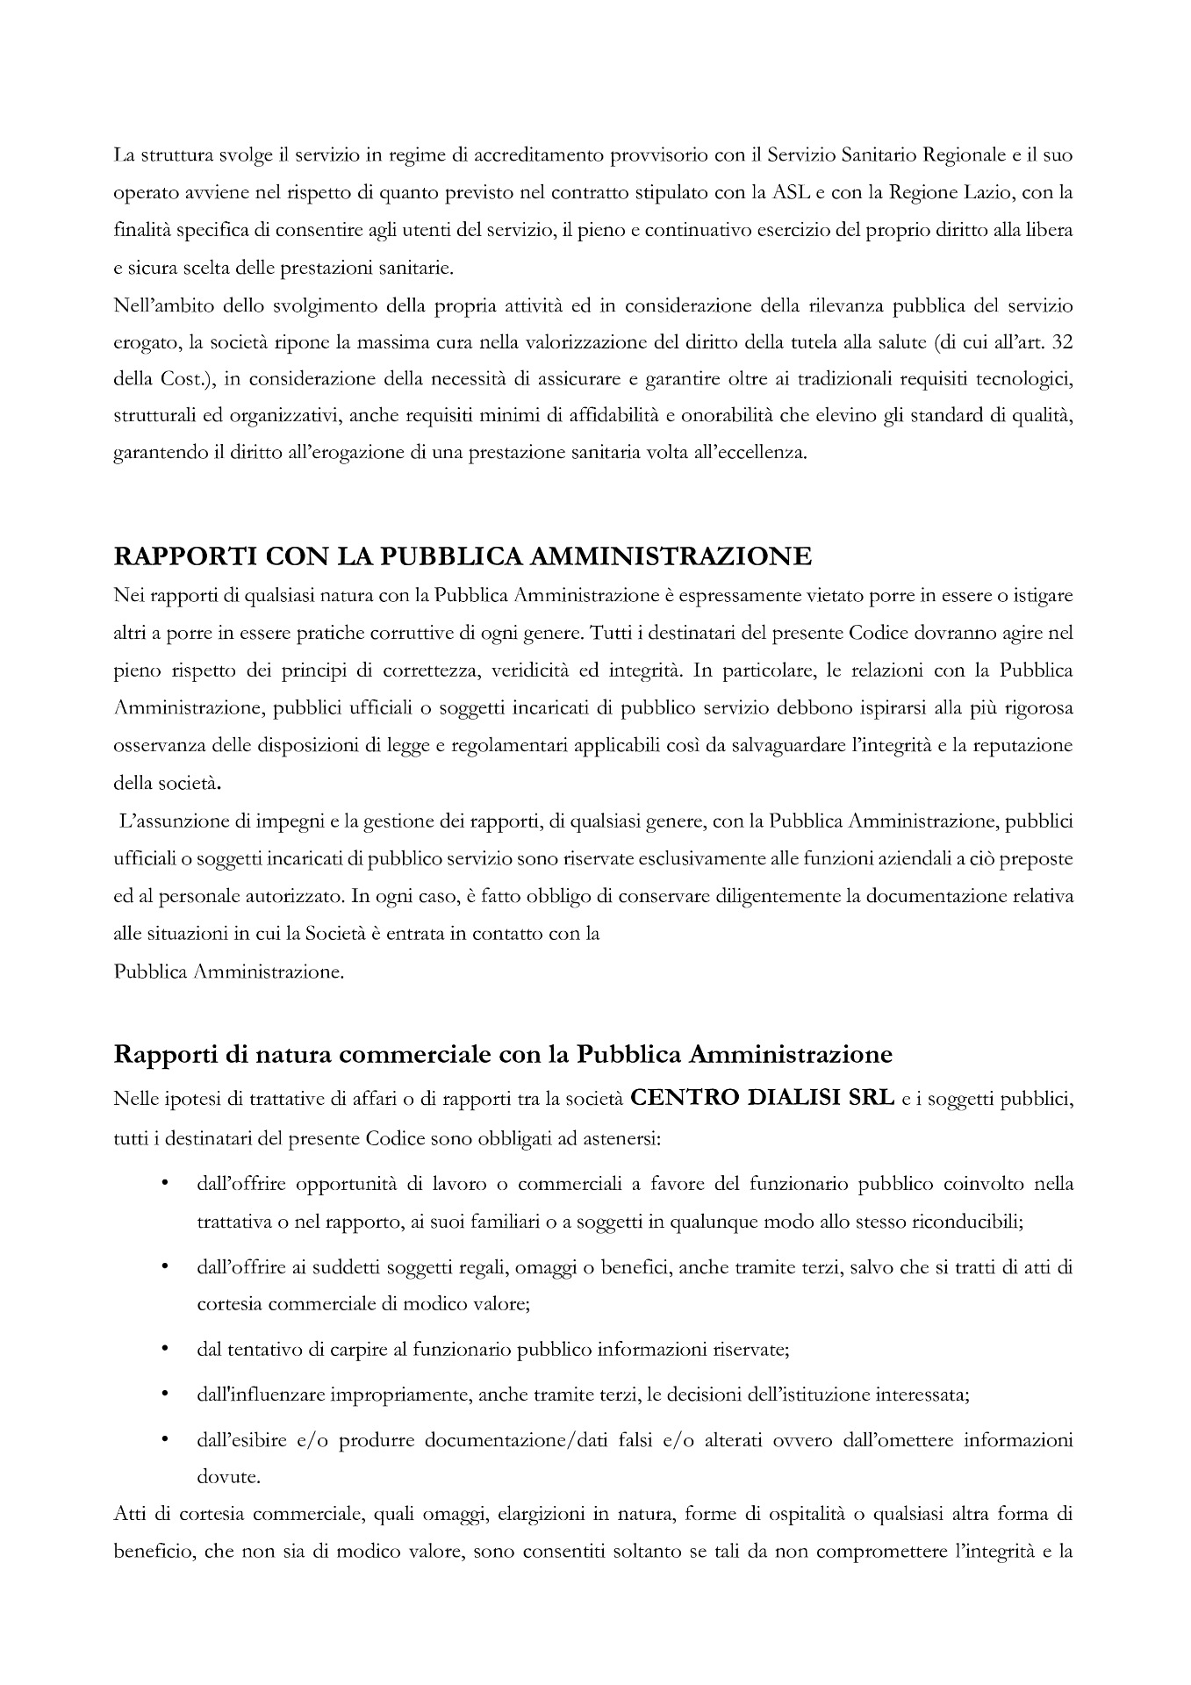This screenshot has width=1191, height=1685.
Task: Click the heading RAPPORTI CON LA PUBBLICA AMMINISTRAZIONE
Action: (x=463, y=556)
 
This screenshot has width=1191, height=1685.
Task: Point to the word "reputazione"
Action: (x=1027, y=745)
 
